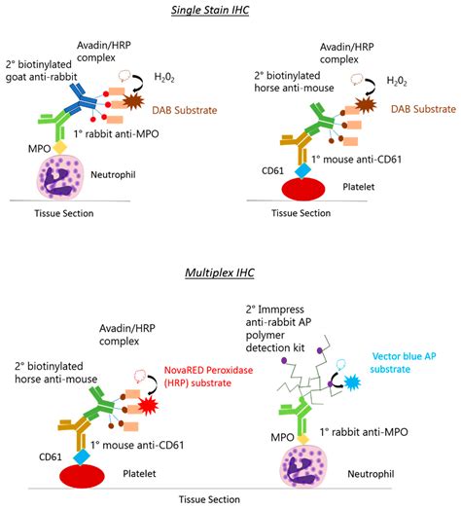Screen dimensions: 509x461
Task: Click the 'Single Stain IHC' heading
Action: pos(230,9)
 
